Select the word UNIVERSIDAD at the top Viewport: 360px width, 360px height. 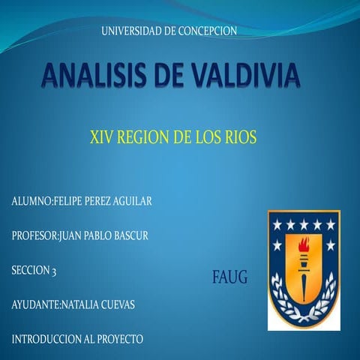coord(131,31)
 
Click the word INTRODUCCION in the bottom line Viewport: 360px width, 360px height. coord(46,339)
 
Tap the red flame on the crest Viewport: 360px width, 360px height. coord(304,244)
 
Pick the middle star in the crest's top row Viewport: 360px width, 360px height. coord(304,224)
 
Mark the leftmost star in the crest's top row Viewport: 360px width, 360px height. coord(277,224)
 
